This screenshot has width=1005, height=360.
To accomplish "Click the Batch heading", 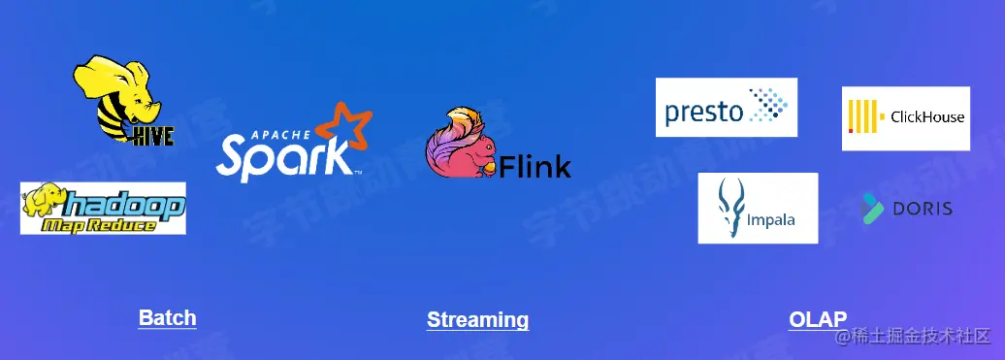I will (167, 318).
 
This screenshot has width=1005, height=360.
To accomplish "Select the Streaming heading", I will (477, 320).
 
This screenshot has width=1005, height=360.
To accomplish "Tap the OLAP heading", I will (818, 319).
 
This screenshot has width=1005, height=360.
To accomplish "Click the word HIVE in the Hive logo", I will (153, 135).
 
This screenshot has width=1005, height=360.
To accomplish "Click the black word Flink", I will (535, 166).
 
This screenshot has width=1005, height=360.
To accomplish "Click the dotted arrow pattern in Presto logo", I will (766, 105).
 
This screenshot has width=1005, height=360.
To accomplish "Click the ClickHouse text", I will (926, 117).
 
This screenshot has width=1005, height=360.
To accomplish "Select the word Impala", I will (771, 219).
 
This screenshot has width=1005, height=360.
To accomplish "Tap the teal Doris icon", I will (872, 208).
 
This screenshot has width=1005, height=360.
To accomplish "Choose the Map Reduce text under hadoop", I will (100, 224).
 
